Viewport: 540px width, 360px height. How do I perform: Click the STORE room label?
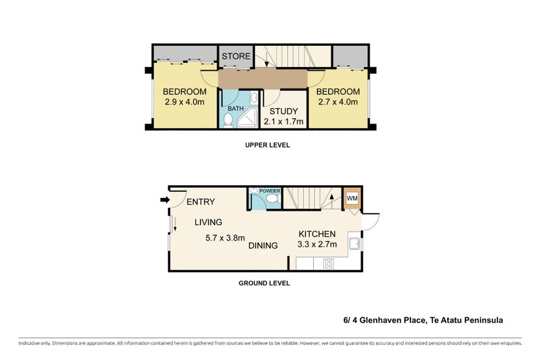pos(236,56)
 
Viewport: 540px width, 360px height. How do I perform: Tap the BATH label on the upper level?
pos(235,108)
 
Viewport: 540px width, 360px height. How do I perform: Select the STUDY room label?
pos(283,111)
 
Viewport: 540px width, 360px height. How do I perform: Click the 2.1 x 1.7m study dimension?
pos(283,122)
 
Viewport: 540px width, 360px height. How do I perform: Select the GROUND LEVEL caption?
pos(264,283)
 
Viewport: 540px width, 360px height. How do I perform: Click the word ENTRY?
pos(200,201)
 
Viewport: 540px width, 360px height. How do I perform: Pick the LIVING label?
pos(209,222)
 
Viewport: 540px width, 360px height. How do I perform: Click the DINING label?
pos(263,246)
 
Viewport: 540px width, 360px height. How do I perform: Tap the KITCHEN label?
pos(317,234)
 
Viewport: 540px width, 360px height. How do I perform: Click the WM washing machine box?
pos(352,199)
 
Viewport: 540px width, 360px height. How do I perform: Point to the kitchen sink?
pos(354,243)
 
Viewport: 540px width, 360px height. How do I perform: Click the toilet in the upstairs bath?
pos(228,121)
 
